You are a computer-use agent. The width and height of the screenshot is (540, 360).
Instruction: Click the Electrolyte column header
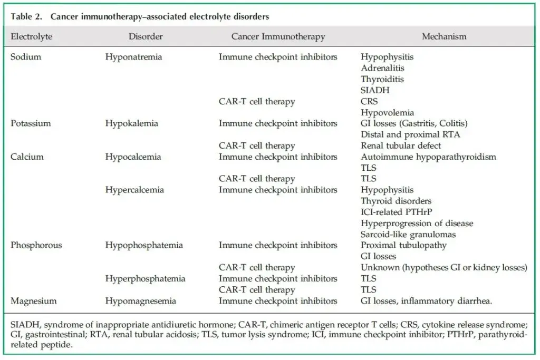pyautogui.click(x=31, y=37)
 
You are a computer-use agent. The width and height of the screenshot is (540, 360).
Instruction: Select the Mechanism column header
pyautogui.click(x=444, y=37)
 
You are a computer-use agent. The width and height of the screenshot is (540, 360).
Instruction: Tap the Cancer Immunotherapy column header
pyautogui.click(x=278, y=37)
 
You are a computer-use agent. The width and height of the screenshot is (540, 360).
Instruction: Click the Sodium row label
pyautogui.click(x=26, y=57)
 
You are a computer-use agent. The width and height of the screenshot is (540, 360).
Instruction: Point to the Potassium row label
pyautogui.click(x=31, y=123)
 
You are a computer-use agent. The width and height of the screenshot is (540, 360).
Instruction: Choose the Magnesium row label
pyautogui.click(x=33, y=301)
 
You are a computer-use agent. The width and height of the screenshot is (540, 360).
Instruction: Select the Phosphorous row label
pyautogui.click(x=36, y=245)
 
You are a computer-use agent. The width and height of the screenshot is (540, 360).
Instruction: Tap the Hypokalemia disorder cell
pyautogui.click(x=132, y=123)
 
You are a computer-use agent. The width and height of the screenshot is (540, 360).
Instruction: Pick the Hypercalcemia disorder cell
pyautogui.click(x=134, y=190)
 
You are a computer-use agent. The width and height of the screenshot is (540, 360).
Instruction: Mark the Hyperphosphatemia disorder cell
pyautogui.click(x=145, y=278)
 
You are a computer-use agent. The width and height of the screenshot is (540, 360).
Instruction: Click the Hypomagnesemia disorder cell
pyautogui.click(x=141, y=301)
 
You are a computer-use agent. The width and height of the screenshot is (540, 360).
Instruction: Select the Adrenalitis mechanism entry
pyautogui.click(x=383, y=68)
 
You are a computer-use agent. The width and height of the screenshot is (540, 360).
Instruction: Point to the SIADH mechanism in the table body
pyautogui.click(x=375, y=90)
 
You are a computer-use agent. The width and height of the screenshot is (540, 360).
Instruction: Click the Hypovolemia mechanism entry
pyautogui.click(x=388, y=112)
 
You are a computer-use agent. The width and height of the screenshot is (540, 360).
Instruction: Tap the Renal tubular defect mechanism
pyautogui.click(x=401, y=145)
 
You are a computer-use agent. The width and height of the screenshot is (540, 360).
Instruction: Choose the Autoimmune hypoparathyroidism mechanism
pyautogui.click(x=428, y=157)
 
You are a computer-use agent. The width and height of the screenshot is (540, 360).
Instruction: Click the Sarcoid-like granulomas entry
pyautogui.click(x=408, y=234)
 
